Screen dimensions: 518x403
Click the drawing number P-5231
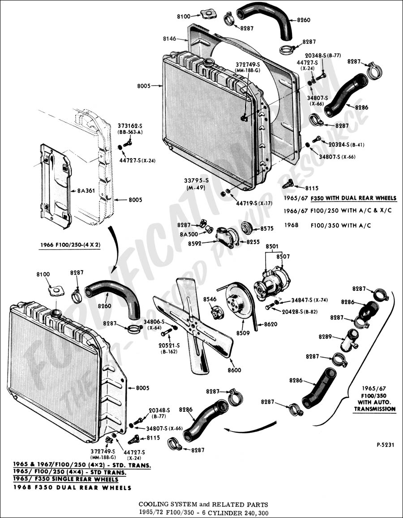coord(385,445)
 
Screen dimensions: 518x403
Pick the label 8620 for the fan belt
coord(270,324)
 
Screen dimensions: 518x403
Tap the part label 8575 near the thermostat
coord(266,229)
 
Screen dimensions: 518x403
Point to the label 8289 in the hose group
coord(325,337)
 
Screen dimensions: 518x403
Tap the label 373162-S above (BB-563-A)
coord(130,126)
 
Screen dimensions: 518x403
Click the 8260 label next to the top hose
coord(304,20)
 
